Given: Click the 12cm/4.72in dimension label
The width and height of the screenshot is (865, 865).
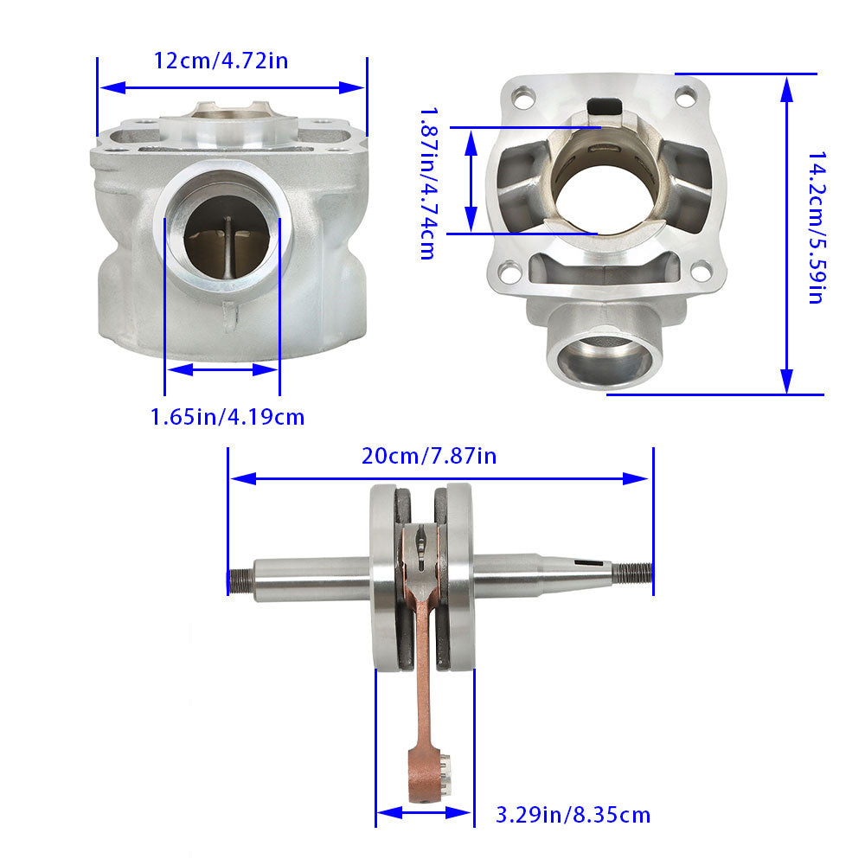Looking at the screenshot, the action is [x=221, y=61].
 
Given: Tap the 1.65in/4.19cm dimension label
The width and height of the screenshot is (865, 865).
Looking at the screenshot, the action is [x=227, y=417].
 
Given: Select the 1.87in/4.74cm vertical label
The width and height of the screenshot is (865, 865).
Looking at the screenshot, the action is [x=429, y=183].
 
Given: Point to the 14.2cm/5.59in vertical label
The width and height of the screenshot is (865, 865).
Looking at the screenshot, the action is [x=817, y=227].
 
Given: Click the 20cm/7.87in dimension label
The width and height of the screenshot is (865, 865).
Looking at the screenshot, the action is [x=429, y=456].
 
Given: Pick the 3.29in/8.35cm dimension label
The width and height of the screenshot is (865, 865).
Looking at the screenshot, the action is [x=573, y=815].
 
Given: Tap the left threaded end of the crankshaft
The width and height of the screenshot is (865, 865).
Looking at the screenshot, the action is [x=241, y=581].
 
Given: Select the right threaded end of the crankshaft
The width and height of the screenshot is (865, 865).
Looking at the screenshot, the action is [x=633, y=573].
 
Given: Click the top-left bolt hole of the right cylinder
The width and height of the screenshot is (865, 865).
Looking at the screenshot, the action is [x=522, y=99].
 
